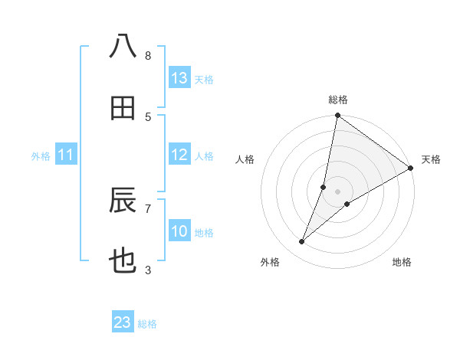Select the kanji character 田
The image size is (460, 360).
[123, 108]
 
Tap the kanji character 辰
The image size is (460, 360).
[123, 201]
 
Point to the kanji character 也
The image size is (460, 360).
[123, 263]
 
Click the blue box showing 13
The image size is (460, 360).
[179, 78]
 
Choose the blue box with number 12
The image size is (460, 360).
[179, 155]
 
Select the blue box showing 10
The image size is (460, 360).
[179, 232]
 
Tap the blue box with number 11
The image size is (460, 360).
[66, 155]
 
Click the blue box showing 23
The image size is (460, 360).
[123, 322]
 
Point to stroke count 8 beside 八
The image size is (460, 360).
[148, 56]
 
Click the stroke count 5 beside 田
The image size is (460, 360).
[148, 117]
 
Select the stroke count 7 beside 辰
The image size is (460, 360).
[148, 208]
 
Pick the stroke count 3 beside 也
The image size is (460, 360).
[148, 270]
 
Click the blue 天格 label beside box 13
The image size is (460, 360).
[204, 79]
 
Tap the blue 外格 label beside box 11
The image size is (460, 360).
[41, 156]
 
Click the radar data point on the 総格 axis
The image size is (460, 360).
[337, 116]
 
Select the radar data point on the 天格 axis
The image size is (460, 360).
[411, 169]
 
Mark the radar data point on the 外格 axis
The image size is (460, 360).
[302, 242]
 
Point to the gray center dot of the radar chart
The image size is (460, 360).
[337, 191]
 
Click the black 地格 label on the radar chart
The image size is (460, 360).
[402, 262]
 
